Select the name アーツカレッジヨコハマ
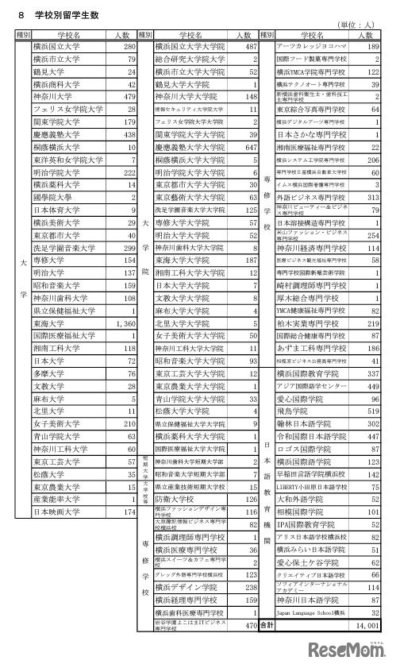coord(313,47)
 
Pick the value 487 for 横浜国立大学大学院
coord(249,47)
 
